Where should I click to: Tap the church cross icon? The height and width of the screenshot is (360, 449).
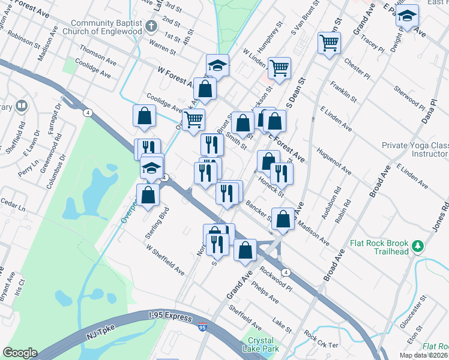click(151, 26)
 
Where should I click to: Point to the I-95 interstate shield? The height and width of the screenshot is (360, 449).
click(203, 327)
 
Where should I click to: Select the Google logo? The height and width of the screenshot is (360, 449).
click(19, 353)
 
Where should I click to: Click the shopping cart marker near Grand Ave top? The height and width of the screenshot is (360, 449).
click(329, 43)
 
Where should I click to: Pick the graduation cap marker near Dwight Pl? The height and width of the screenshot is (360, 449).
click(408, 16)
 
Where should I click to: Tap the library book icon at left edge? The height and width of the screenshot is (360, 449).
click(22, 107)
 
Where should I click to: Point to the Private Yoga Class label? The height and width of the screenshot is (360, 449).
click(415, 145)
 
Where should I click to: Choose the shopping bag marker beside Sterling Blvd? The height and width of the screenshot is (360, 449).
click(148, 195)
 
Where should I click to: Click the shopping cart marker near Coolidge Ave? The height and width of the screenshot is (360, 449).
click(194, 119)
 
